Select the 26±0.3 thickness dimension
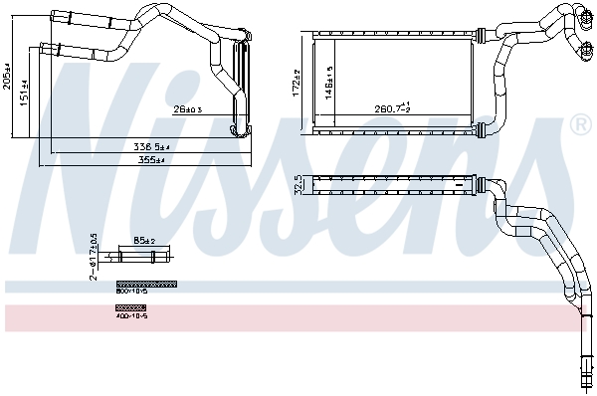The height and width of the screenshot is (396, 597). tap(186, 109)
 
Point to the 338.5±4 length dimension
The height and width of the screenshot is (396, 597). tap(152, 147)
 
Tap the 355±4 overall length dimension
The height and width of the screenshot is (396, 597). tap(152, 159)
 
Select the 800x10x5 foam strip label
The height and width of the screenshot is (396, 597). tap(130, 292)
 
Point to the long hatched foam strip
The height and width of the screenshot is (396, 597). tap(145, 284)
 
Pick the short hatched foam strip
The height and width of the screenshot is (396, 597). tap(130, 307)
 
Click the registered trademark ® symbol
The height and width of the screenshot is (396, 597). tap(579, 125)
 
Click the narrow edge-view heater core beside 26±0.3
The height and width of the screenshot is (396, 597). tap(239, 88)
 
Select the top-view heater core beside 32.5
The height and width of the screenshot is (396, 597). tap(398, 184)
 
